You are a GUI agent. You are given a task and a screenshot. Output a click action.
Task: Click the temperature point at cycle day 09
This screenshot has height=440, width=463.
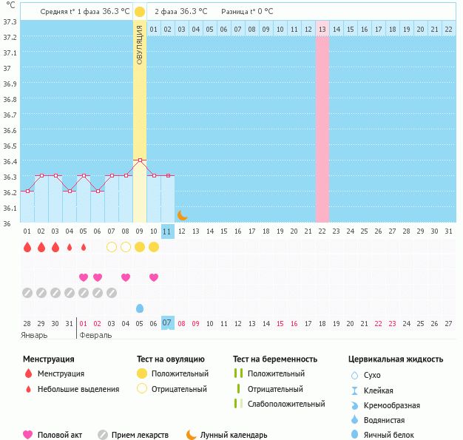[x=140, y=160]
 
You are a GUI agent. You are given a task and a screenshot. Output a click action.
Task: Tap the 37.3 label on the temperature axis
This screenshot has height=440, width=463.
[x=10, y=21]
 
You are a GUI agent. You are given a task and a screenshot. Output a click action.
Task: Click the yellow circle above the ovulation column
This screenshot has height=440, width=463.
[x=140, y=12]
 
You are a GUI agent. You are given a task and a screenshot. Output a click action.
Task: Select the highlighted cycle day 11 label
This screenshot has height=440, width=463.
[x=168, y=231]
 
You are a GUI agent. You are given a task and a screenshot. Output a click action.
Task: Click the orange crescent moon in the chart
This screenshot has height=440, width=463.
[x=182, y=214]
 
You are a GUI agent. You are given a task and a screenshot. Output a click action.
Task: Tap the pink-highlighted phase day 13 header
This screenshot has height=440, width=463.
[x=322, y=29]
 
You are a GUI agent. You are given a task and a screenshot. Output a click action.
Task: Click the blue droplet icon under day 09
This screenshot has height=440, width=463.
[x=140, y=308]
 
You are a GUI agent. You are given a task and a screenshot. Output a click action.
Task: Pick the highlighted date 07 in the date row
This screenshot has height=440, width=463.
[x=168, y=323]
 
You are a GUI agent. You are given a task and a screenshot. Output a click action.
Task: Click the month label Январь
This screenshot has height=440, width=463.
[x=34, y=335]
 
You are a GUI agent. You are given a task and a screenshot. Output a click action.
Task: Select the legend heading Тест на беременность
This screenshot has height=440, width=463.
[x=274, y=359]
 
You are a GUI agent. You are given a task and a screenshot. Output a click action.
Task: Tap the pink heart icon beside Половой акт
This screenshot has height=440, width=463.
[x=28, y=435]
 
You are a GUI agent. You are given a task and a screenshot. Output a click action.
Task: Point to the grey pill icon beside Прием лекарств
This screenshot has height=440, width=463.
[x=102, y=435]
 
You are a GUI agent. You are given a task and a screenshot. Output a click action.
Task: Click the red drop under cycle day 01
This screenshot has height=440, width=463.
[x=27, y=247]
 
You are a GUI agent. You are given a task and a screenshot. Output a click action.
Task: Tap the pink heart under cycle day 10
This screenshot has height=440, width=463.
[x=154, y=277]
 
